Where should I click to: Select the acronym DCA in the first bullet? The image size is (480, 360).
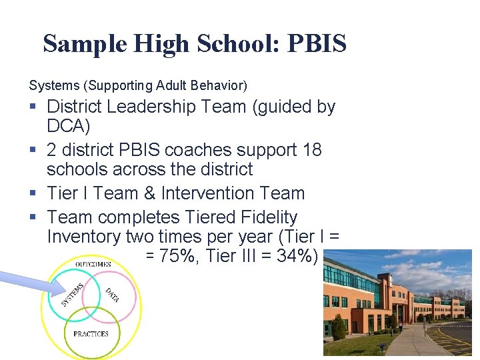click(69, 125)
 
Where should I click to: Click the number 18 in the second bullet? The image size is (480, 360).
click(311, 150)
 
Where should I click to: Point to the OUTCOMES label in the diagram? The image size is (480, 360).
click(93, 265)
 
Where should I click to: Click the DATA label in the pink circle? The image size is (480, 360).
click(112, 295)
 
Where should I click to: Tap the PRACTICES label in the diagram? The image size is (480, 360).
click(91, 333)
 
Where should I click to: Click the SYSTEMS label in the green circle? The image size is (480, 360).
click(73, 295)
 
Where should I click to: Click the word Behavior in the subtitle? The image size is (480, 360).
click(222, 85)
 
